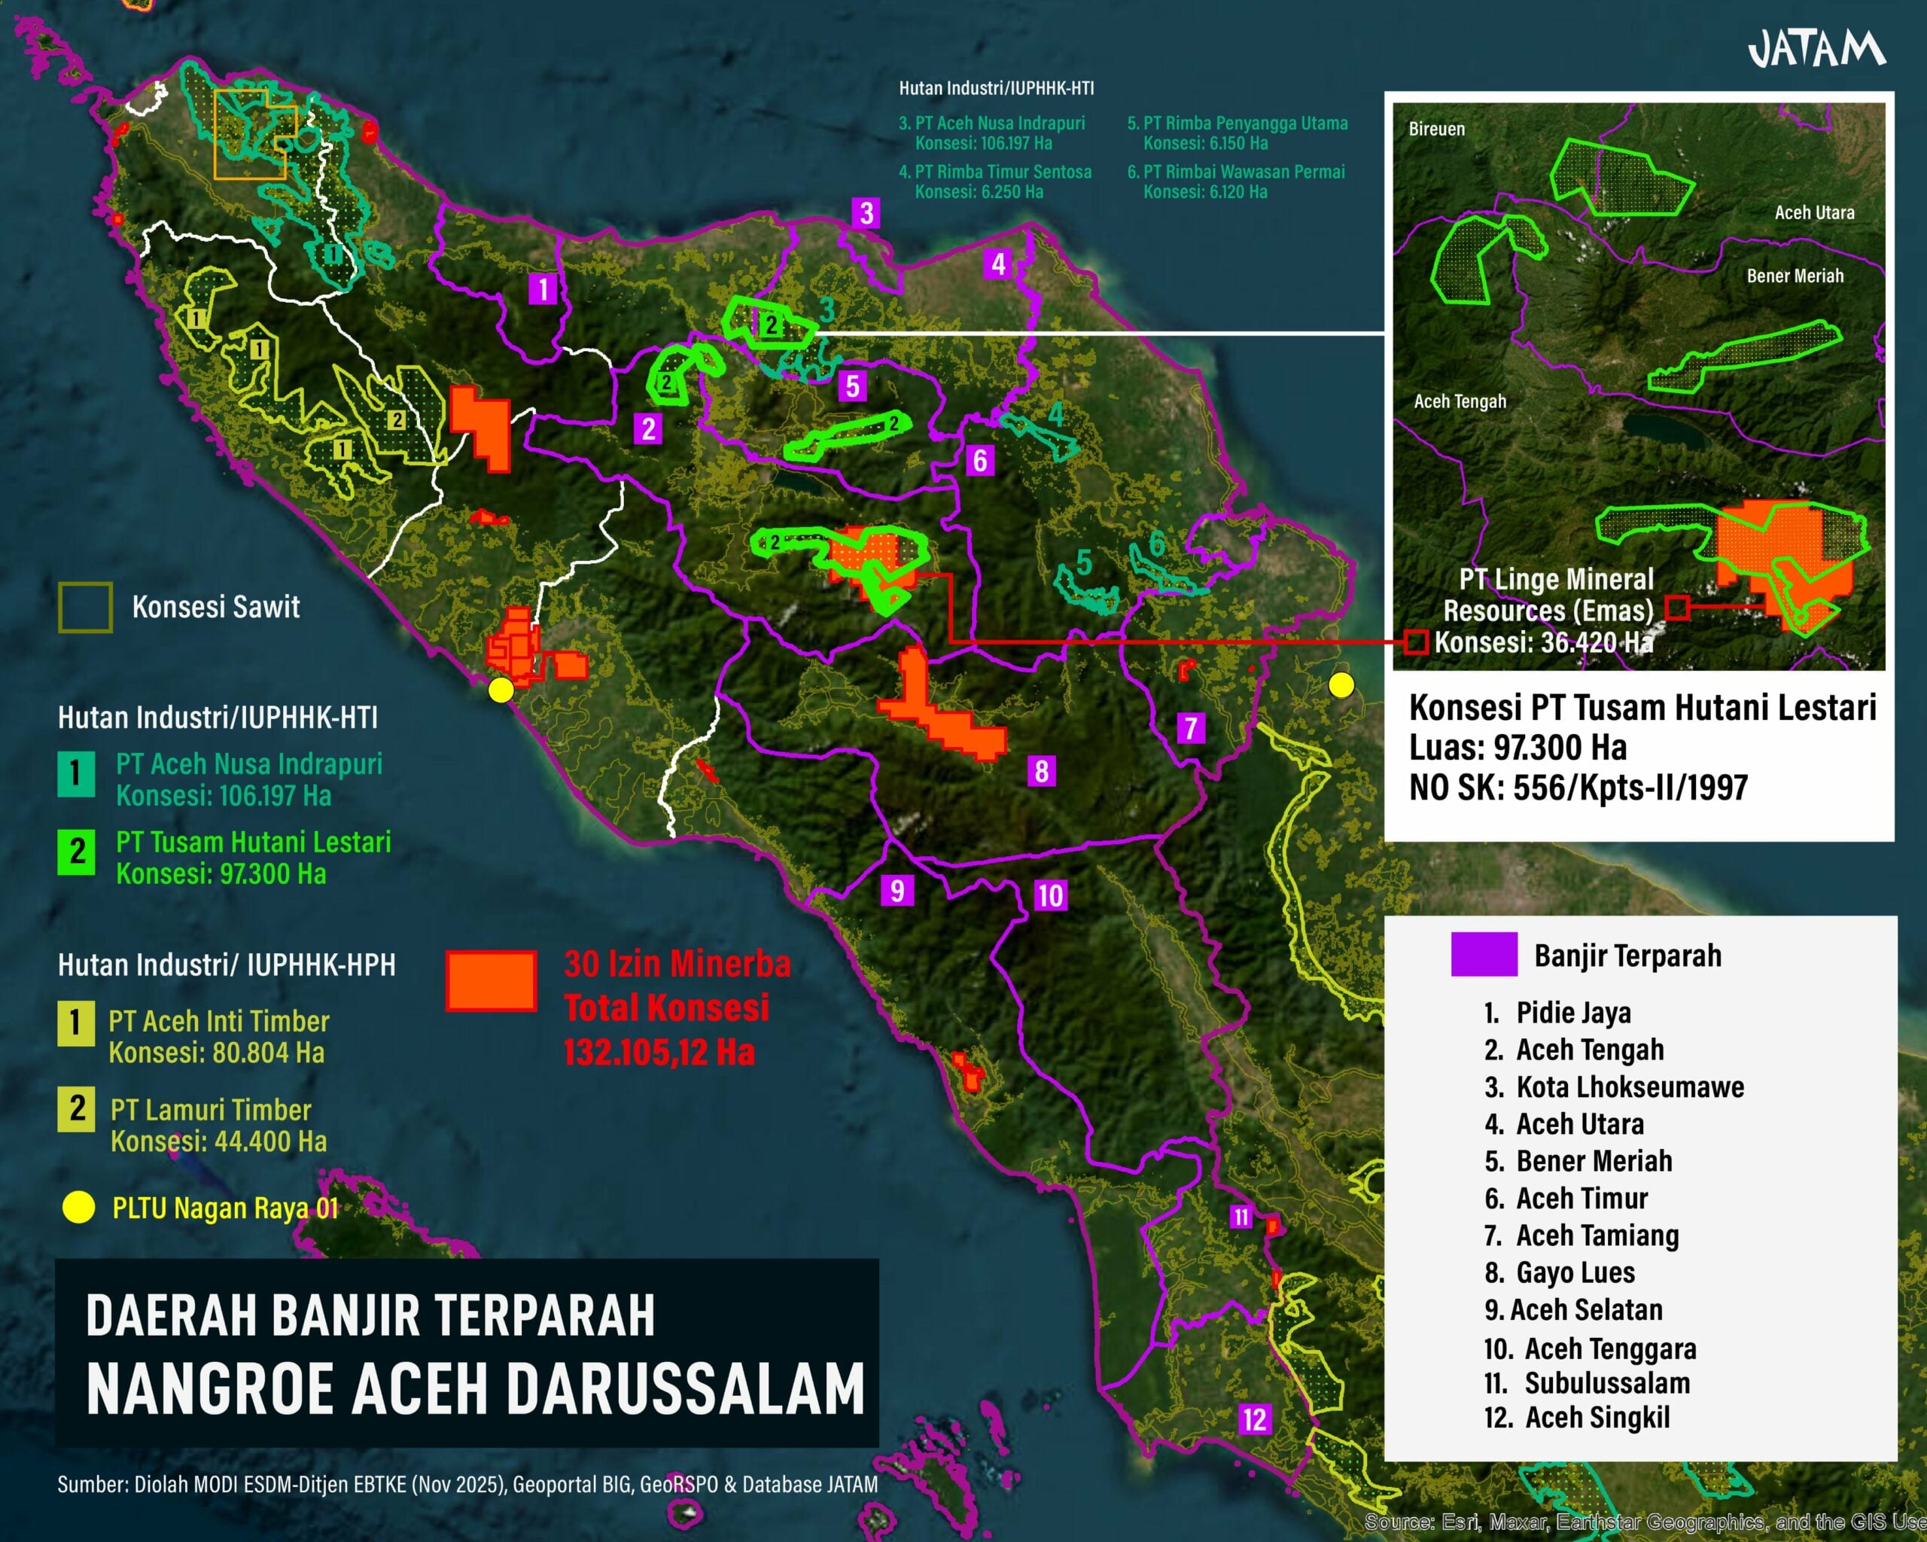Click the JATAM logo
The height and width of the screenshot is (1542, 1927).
tap(1816, 49)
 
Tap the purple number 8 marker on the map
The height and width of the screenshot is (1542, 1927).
tap(1041, 770)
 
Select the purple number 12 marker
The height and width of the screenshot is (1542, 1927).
tap(1254, 1419)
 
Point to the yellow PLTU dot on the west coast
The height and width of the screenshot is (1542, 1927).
tap(501, 690)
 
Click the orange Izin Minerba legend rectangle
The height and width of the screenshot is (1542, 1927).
tap(491, 980)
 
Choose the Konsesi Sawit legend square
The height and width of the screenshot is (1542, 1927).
tap(85, 607)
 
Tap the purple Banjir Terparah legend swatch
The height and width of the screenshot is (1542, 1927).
tap(1484, 954)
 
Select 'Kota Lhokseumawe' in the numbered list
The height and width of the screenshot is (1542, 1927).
tap(1630, 1087)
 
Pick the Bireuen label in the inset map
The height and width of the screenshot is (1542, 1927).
tap(1436, 129)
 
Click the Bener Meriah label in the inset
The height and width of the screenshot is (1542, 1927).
tap(1795, 276)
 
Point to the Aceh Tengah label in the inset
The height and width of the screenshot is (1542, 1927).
tap(1460, 401)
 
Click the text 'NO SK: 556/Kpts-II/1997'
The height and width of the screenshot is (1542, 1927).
tap(1578, 788)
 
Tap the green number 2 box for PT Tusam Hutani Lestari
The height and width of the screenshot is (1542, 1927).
tap(77, 852)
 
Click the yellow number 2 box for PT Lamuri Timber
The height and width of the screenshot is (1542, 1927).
tap(77, 1109)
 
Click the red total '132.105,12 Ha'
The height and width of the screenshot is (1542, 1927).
tap(659, 1052)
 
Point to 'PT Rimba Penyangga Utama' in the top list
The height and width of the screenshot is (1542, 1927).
tap(1244, 123)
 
